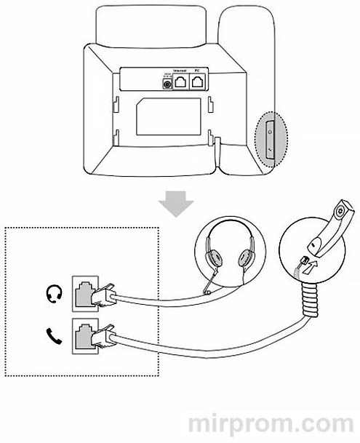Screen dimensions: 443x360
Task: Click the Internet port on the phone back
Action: pos(180,82)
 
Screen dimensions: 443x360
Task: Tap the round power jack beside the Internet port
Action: pos(167,84)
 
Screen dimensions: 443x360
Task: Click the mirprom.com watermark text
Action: pos(271,423)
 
